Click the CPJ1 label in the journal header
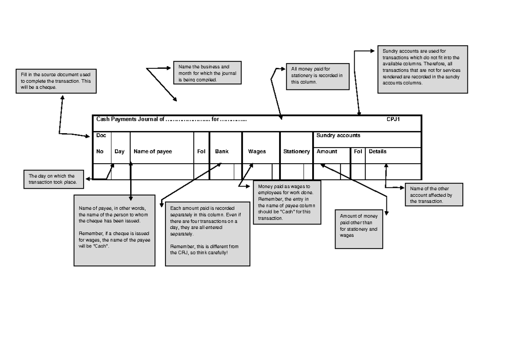click(x=394, y=119)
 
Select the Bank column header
click(x=221, y=151)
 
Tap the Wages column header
click(x=257, y=151)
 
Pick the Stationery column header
click(x=296, y=151)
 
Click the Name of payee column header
click(x=153, y=151)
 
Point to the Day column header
click(x=119, y=151)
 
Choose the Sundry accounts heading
click(x=338, y=136)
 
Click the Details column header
click(x=378, y=151)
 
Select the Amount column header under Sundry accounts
click(x=327, y=151)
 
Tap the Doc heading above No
click(x=101, y=135)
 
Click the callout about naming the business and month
click(x=207, y=73)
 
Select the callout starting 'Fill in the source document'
click(x=56, y=81)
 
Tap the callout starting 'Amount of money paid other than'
click(x=359, y=229)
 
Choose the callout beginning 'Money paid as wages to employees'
click(x=287, y=202)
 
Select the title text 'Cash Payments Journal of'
click(x=130, y=119)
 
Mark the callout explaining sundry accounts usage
click(x=422, y=69)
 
